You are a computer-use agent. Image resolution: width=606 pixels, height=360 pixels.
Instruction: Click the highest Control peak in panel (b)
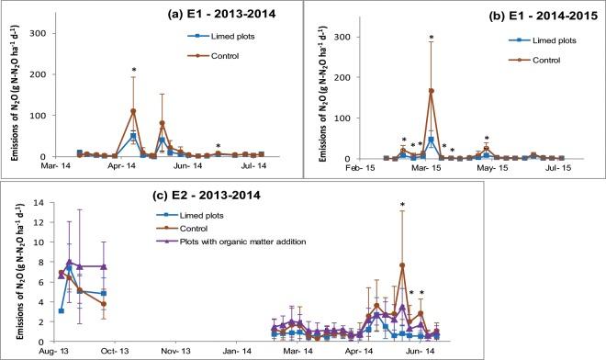431,91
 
